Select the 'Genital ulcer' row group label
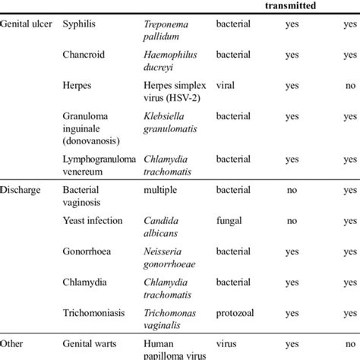27,25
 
